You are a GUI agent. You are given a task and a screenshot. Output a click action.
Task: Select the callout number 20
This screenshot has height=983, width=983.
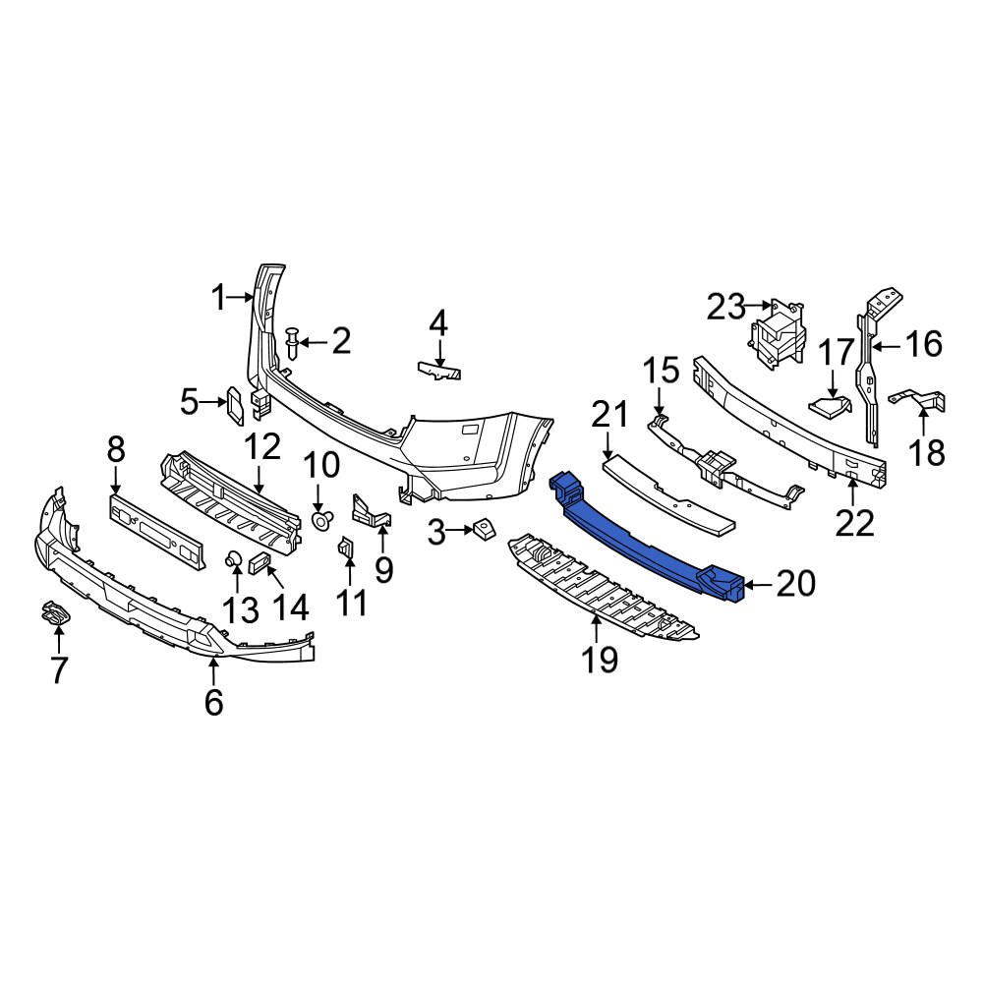pos(795,585)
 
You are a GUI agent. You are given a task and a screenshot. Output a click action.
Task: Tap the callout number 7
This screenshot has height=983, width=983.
pos(58,670)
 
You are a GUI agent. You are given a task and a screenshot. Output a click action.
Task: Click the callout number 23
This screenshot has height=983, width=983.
pos(726,308)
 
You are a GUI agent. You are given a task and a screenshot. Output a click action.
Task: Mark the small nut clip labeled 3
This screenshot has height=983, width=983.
pos(481,531)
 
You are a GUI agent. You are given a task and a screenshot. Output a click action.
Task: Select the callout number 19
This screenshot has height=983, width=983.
pos(600,660)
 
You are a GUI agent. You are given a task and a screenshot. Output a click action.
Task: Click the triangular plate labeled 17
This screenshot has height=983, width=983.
pos(829,403)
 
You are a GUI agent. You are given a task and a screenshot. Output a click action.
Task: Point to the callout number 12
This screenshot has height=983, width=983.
pos(262,447)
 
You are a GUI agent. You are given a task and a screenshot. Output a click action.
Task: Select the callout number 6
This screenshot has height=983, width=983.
pos(214,702)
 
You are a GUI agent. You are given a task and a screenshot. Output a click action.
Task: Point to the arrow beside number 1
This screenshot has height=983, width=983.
pos(243,296)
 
